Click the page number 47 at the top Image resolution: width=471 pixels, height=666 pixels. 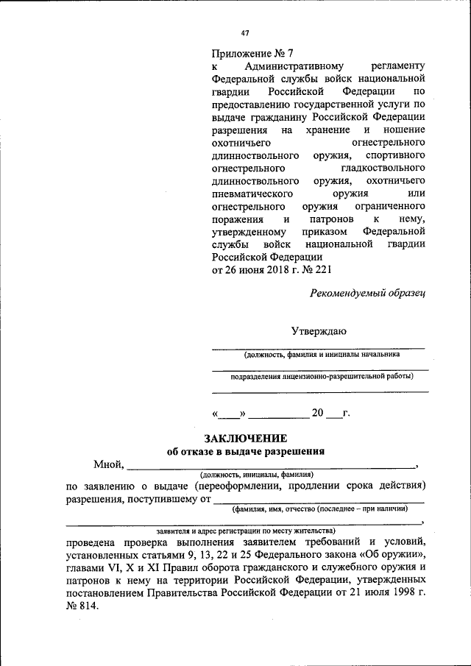pyautogui.click(x=245, y=32)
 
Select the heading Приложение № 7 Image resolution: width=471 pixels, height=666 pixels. pyautogui.click(x=252, y=53)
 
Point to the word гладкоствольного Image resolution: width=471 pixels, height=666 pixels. pyautogui.click(x=379, y=169)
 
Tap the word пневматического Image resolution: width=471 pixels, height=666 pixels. pyautogui.click(x=255, y=194)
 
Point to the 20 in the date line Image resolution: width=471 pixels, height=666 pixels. pyautogui.click(x=317, y=412)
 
